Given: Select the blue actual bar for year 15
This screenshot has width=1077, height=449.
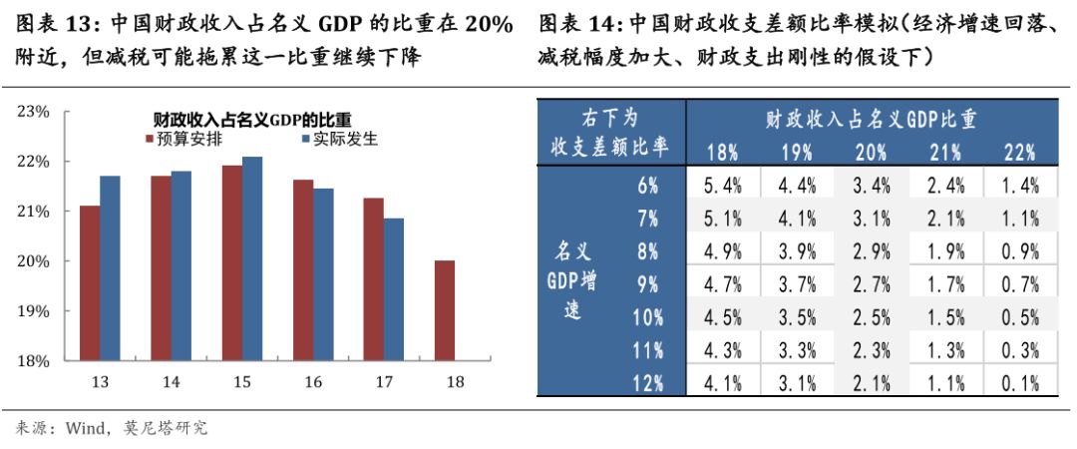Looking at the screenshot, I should click(252, 258).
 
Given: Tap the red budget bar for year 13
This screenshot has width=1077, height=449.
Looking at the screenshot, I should click(90, 283).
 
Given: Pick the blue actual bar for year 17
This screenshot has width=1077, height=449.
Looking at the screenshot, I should click(394, 289).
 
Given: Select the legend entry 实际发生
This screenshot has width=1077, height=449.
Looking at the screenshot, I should click(338, 140).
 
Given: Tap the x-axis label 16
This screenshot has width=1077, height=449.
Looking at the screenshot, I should click(312, 382).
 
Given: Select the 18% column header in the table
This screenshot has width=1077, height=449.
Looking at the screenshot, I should click(722, 153).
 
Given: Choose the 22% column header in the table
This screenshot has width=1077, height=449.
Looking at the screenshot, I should click(1019, 153).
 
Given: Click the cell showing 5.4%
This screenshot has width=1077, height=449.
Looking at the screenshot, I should click(723, 185).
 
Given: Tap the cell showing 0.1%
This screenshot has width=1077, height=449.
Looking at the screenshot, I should click(1019, 382).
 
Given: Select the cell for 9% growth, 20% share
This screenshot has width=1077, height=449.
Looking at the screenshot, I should click(871, 283).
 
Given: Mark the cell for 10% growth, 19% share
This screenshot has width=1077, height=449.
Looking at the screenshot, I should click(797, 316).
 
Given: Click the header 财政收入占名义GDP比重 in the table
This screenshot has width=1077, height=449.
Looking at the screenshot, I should click(871, 120).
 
